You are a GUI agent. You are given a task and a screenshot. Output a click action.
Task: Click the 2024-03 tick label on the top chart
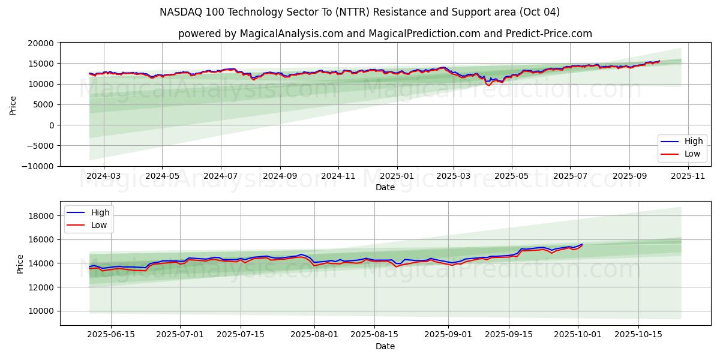104,176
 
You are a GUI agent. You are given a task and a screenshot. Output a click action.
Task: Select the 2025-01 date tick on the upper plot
397,176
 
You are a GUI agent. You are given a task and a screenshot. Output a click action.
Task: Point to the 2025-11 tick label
688,176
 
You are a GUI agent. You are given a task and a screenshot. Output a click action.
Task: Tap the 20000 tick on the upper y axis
41,43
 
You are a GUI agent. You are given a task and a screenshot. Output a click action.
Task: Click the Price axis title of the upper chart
13,104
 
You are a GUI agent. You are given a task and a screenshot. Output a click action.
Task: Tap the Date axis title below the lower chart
385,346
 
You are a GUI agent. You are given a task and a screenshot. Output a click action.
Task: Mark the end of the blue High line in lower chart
582,244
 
